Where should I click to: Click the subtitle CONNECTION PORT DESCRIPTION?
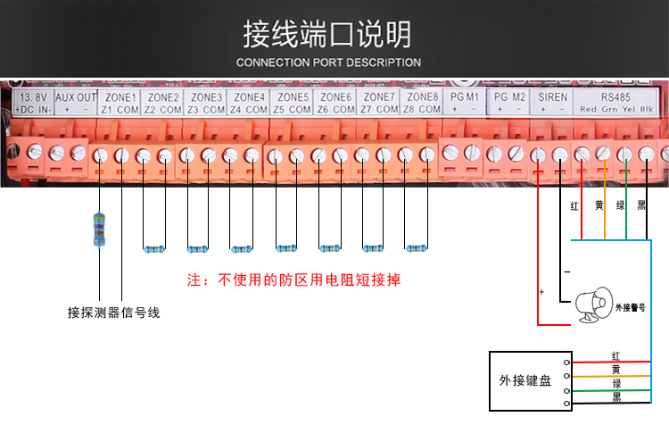pos(327,62)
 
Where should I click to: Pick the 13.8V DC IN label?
pos(34,103)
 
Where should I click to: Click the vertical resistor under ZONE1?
pos(99,228)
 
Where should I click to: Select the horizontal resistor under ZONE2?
pos(154,248)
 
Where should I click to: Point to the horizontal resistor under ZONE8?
pos(417,248)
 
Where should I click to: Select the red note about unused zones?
pos(294,279)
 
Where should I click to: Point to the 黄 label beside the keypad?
pos(615,369)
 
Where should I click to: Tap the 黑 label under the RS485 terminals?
pos(642,205)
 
